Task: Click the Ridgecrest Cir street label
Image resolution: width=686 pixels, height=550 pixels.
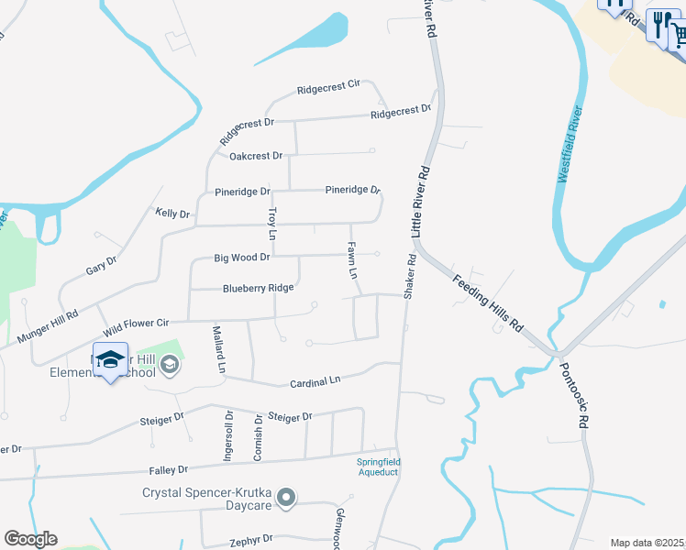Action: pyautogui.click(x=327, y=89)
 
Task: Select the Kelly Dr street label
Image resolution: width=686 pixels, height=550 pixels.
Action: pyautogui.click(x=172, y=214)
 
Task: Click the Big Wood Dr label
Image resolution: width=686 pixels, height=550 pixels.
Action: pyautogui.click(x=241, y=258)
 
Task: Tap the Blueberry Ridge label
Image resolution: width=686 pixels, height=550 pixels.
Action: pyautogui.click(x=258, y=288)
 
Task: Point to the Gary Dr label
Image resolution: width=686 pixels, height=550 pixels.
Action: pyautogui.click(x=101, y=267)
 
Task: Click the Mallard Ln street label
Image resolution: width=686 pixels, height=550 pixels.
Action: pyautogui.click(x=218, y=348)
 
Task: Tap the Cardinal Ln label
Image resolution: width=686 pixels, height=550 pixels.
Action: pyautogui.click(x=315, y=379)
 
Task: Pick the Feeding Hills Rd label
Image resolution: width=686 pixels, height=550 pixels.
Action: pyautogui.click(x=487, y=300)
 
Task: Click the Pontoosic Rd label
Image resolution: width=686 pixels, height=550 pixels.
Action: pyautogui.click(x=573, y=394)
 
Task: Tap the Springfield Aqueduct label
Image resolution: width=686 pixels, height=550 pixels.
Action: pyautogui.click(x=379, y=467)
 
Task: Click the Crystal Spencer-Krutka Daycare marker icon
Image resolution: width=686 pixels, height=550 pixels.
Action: pyautogui.click(x=287, y=498)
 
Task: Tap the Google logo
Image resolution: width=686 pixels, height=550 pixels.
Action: pyautogui.click(x=30, y=539)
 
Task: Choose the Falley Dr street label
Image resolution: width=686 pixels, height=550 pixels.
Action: pyautogui.click(x=168, y=469)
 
